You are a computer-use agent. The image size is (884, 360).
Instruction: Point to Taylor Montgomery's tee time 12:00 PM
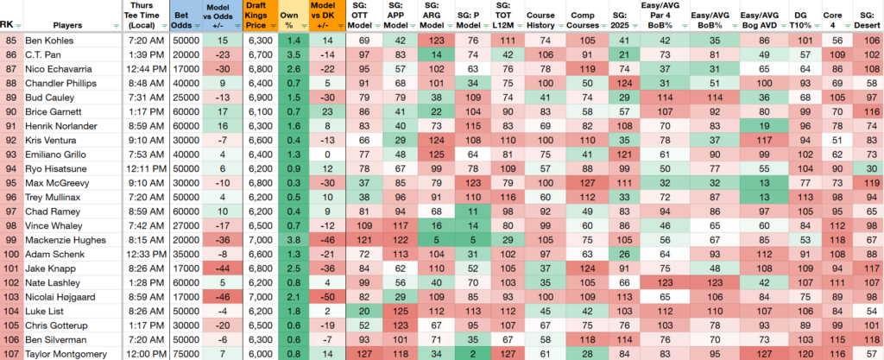pyautogui.click(x=145, y=354)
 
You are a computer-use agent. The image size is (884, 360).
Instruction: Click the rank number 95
pyautogui.click(x=10, y=183)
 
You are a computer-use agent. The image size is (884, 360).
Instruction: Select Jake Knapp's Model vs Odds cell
pyautogui.click(x=221, y=268)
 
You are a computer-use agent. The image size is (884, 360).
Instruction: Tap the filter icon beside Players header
pyautogui.click(x=117, y=25)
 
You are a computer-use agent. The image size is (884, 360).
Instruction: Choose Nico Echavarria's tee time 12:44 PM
pyautogui.click(x=145, y=69)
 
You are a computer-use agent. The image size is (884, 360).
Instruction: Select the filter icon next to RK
pyautogui.click(x=19, y=25)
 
